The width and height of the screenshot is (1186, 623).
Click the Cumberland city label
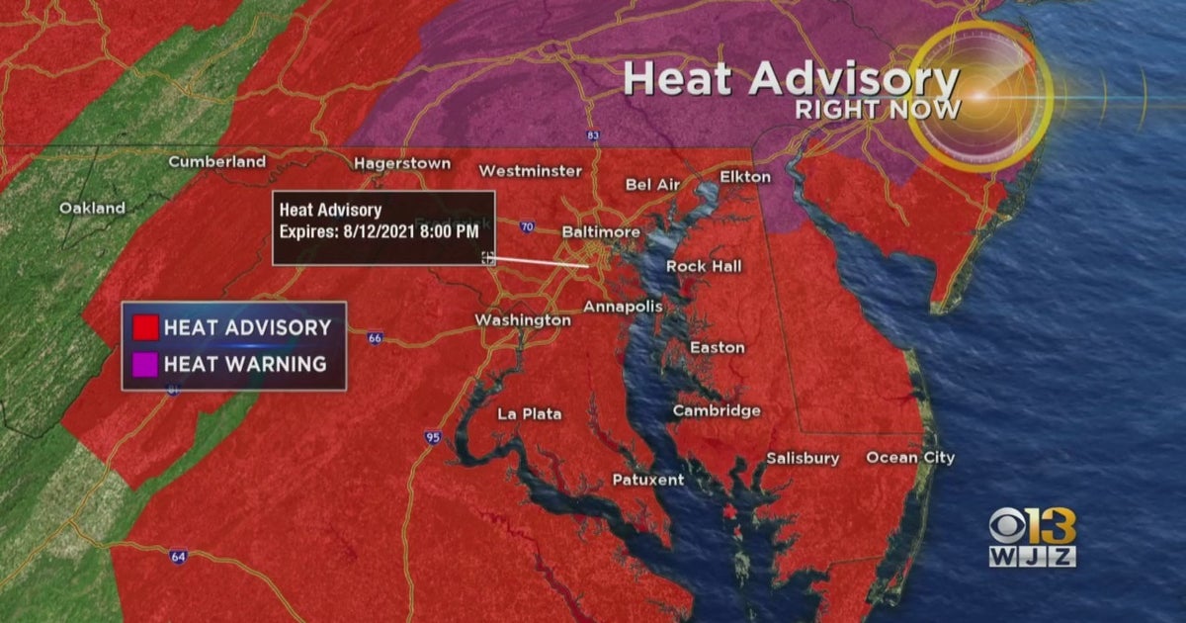(216, 161)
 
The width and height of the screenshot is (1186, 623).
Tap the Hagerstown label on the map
(402, 163)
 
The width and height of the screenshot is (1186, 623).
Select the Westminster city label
(530, 171)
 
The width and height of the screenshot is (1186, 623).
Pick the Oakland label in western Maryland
(92, 208)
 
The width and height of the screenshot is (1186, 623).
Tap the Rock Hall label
(704, 266)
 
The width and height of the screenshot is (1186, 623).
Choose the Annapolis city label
(623, 307)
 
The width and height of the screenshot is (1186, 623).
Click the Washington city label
(522, 320)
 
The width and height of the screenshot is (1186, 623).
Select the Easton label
(717, 347)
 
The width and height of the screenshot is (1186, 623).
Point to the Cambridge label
(717, 410)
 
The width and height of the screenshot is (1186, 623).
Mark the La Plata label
(529, 413)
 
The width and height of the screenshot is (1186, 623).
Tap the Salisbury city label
(803, 458)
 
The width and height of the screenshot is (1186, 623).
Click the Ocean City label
(910, 457)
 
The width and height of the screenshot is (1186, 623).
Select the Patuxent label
(647, 480)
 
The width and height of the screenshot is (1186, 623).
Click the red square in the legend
(146, 326)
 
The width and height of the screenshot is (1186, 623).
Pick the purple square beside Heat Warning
(146, 364)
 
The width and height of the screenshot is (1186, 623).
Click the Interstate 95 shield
(433, 436)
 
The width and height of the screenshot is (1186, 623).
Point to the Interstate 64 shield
(176, 555)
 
